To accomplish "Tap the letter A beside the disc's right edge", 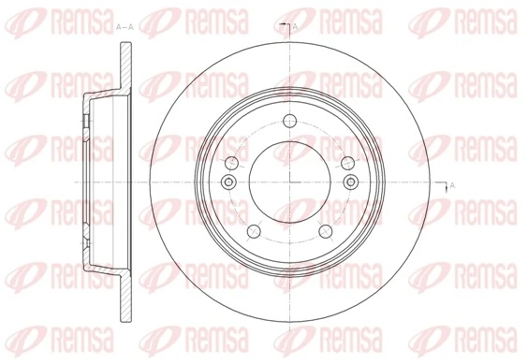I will [x=452, y=185].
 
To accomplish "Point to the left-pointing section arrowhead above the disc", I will [x=282, y=21].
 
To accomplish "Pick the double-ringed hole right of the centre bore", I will [x=350, y=181].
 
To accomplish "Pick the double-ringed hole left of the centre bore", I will [x=228, y=181].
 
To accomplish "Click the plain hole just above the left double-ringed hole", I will [x=230, y=161].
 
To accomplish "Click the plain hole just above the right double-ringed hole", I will [x=348, y=161].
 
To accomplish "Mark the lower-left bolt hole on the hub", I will [x=250, y=230].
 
